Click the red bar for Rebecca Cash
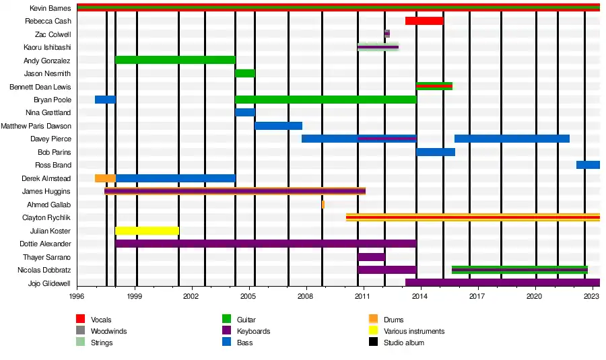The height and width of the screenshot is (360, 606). coord(424,21)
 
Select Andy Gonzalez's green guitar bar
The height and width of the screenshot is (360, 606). coord(175,60)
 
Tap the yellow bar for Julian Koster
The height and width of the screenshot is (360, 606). coord(147,231)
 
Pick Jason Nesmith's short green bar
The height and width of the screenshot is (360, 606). coord(245,73)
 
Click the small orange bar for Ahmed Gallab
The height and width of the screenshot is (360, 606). coord(323,205)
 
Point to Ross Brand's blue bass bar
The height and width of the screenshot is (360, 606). coord(588,165)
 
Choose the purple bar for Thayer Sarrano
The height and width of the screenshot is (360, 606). coord(371,257)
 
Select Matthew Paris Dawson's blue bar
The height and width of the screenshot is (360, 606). coord(278,126)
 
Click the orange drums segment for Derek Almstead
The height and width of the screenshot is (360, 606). coord(105,178)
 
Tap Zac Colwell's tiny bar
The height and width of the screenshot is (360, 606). coord(387,34)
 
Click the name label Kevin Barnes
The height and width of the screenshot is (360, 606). coord(50,8)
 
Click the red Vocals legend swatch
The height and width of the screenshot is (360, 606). coord(81,320)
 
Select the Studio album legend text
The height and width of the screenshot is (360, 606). coord(404,343)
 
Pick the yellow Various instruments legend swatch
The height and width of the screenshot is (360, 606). coord(374,331)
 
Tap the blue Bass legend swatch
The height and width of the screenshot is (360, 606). coord(227,343)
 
